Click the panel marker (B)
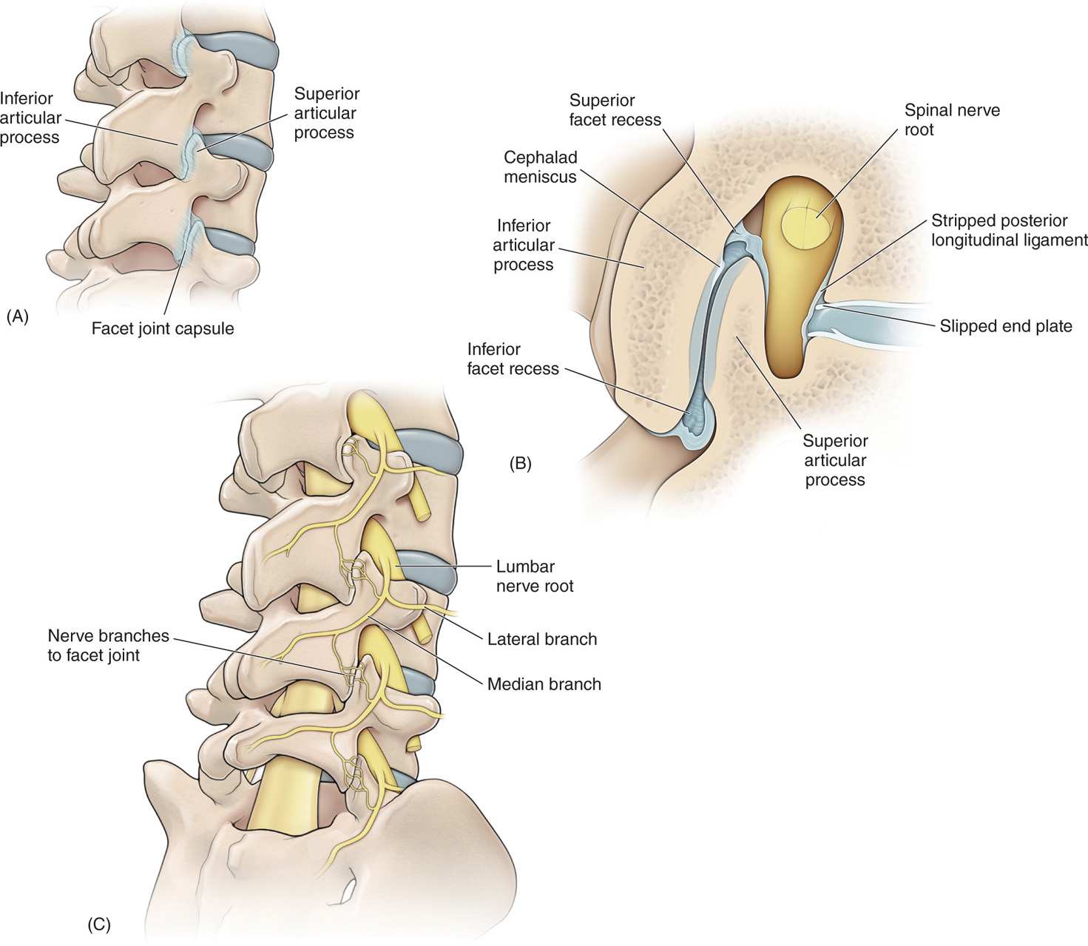[521, 464]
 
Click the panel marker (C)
[99, 924]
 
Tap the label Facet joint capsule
[163, 328]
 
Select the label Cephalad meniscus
[540, 167]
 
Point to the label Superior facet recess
[615, 109]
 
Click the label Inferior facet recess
[513, 359]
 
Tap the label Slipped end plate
[1005, 325]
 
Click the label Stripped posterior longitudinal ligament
[1009, 230]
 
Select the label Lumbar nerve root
[535, 576]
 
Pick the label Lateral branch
[541, 639]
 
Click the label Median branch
[544, 684]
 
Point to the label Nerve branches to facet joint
[109, 645]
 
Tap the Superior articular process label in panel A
[326, 113]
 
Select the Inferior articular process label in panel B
[524, 245]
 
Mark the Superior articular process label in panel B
[835, 460]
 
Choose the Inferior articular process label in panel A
[30, 118]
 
